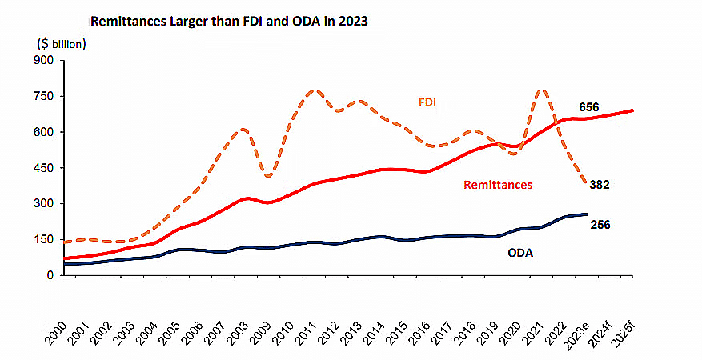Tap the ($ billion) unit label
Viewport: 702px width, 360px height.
pos(62,43)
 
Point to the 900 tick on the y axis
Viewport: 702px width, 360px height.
pos(43,60)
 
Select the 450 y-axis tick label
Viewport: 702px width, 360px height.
pos(43,168)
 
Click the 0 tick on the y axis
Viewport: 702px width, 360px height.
pos(50,275)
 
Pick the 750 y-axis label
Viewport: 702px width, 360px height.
pos(43,96)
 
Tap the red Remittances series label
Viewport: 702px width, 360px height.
pos(498,185)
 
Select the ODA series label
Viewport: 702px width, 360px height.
pos(520,252)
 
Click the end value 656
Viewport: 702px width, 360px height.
pos(588,108)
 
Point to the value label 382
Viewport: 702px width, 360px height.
pos(600,184)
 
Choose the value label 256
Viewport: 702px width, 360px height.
pos(600,225)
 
